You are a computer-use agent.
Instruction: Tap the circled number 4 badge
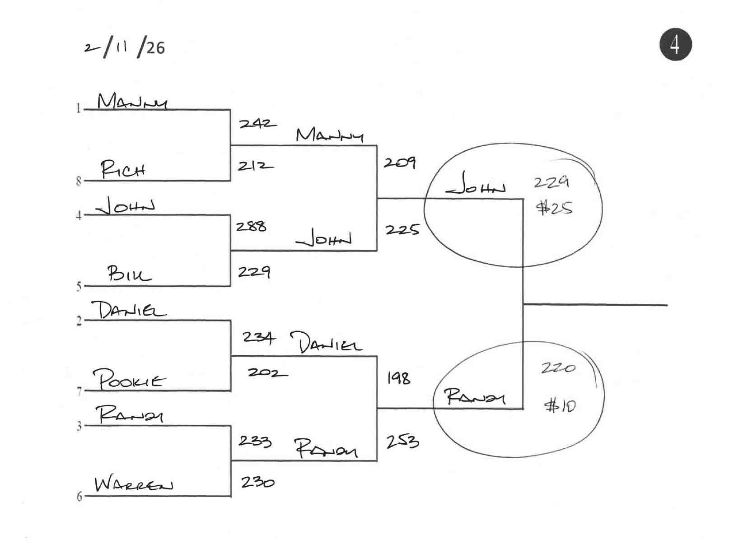[x=675, y=45]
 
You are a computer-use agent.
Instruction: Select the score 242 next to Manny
[x=257, y=123]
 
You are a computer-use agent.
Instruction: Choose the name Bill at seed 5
[x=129, y=274]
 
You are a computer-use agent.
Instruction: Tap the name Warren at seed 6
[x=134, y=485]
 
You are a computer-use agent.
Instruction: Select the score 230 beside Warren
[x=257, y=482]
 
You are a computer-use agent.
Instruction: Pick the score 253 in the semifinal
[x=402, y=441]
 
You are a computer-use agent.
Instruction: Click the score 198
[x=398, y=378]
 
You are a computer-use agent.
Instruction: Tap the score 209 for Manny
[x=400, y=163]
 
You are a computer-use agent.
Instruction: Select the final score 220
[x=559, y=368]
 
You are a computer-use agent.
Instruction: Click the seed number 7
[x=79, y=391]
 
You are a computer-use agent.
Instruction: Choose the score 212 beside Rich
[x=255, y=166]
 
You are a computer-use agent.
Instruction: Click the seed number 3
[x=79, y=426]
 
